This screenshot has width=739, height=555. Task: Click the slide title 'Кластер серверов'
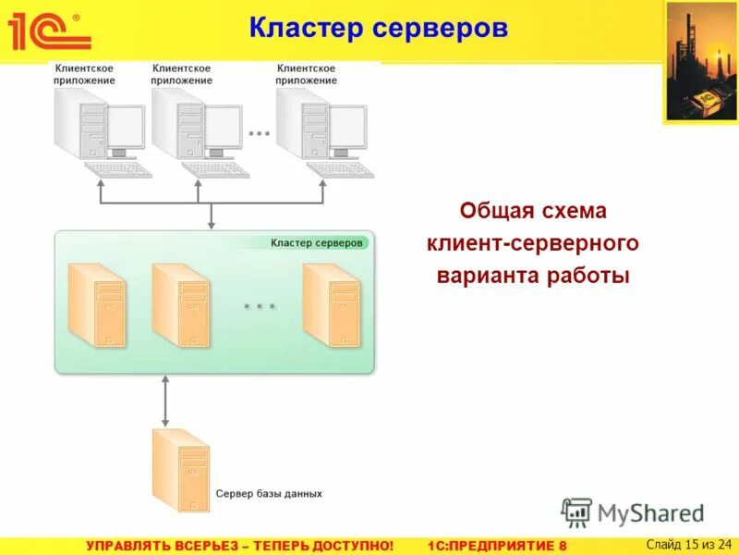tap(378, 28)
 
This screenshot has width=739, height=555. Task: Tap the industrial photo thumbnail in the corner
tap(699, 61)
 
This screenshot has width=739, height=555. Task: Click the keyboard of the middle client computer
tap(215, 170)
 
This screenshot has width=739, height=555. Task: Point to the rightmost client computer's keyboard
tap(340, 170)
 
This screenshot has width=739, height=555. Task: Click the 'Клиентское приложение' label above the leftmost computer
tap(85, 74)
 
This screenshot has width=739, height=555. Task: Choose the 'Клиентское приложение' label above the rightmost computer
tap(307, 74)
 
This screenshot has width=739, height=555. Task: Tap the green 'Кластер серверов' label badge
tap(317, 242)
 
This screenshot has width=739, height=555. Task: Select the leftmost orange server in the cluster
tap(95, 304)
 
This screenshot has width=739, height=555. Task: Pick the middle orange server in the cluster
tap(179, 304)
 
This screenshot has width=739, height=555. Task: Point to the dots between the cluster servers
tap(260, 304)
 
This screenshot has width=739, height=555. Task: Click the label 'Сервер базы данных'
tap(269, 494)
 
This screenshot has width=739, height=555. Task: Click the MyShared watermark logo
tap(633, 512)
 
